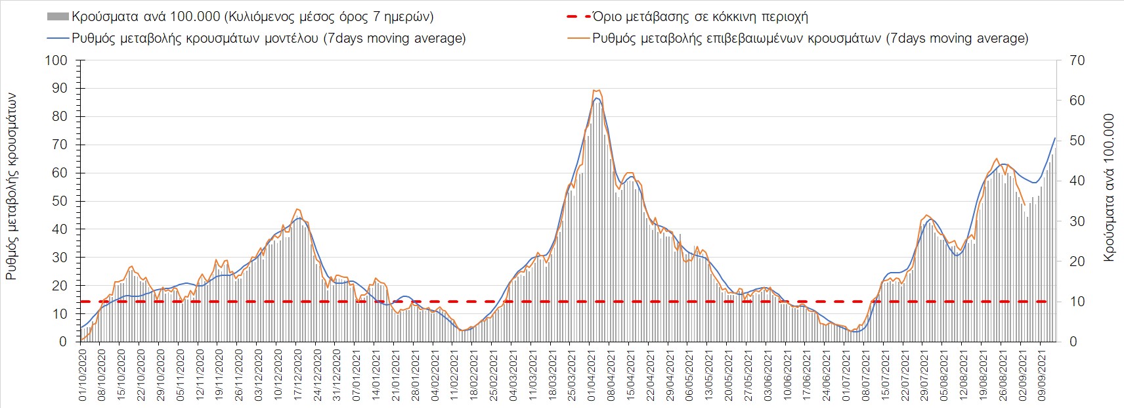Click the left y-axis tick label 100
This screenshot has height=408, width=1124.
[56, 60]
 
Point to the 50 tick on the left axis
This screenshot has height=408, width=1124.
[59, 201]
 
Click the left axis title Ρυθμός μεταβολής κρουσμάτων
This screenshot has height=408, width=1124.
[12, 187]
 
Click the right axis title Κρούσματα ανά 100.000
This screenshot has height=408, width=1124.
[1109, 188]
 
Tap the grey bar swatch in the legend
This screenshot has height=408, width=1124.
[58, 16]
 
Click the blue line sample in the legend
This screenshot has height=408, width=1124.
[58, 38]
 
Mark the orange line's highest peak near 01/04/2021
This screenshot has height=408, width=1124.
[595, 90]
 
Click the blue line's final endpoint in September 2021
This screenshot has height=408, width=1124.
[1055, 138]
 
